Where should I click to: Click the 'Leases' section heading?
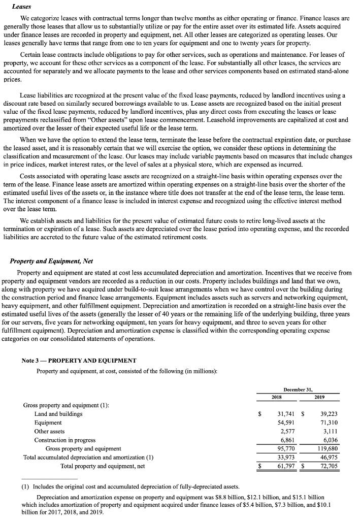pyautogui.click(x=21, y=7)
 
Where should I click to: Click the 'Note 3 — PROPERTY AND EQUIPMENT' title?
pyautogui.click(x=79, y=361)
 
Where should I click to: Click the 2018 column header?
pyautogui.click(x=277, y=397)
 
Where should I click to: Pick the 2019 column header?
pyautogui.click(x=320, y=397)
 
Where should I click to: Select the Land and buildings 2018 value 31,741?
pyautogui.click(x=284, y=414)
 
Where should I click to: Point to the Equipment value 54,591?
pyautogui.click(x=284, y=422)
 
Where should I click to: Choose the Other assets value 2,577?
pyautogui.click(x=286, y=431)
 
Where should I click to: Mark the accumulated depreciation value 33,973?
pyautogui.click(x=284, y=457)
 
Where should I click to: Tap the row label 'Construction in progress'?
pyautogui.click(x=64, y=440)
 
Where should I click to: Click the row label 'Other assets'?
pyautogui.click(x=49, y=431)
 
